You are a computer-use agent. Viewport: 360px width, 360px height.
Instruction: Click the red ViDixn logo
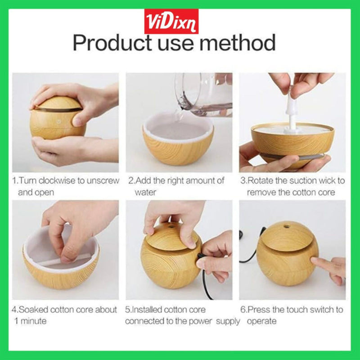click(x=171, y=21)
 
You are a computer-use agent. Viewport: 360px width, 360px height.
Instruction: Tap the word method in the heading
click(x=238, y=42)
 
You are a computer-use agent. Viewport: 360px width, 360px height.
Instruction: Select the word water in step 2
click(x=145, y=192)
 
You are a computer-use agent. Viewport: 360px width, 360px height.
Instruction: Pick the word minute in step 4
click(x=33, y=321)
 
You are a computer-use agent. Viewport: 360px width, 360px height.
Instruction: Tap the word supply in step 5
click(x=228, y=321)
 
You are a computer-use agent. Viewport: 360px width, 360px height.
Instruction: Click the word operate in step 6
click(x=261, y=321)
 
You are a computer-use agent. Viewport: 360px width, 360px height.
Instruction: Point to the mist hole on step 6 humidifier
click(x=286, y=227)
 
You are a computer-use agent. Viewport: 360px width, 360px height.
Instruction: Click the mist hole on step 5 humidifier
click(x=171, y=227)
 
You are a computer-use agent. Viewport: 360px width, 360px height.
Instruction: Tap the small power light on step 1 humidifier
click(x=59, y=120)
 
